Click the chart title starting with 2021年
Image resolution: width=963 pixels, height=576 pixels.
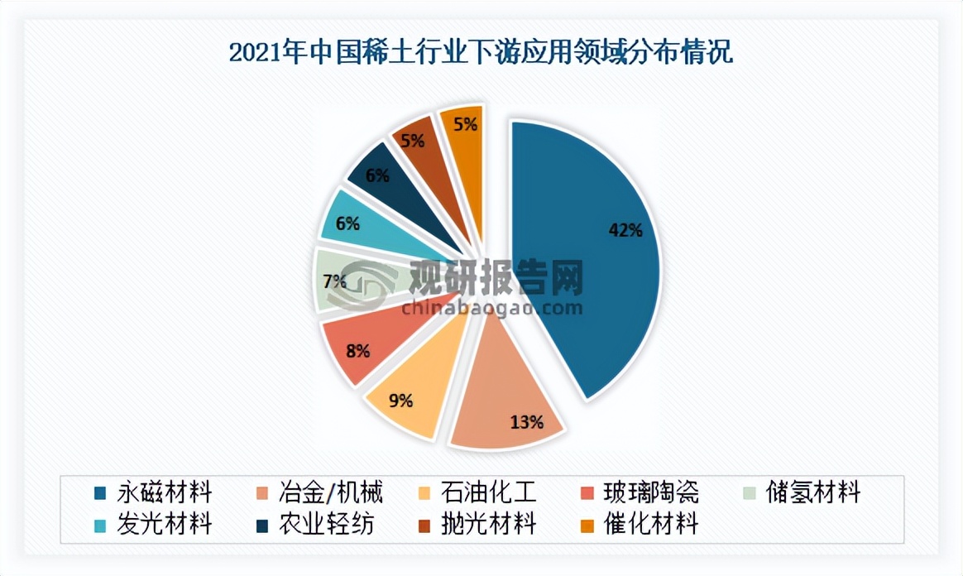[481, 54]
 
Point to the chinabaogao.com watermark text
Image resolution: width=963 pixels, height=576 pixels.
[491, 310]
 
